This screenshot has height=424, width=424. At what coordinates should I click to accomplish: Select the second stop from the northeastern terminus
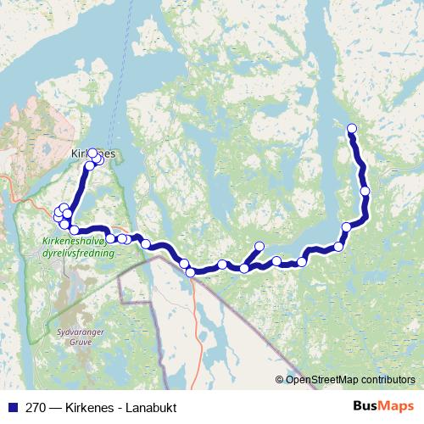365,191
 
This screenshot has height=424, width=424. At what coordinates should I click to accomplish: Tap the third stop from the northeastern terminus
347,226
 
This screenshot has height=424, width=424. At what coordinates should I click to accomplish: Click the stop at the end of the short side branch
259,247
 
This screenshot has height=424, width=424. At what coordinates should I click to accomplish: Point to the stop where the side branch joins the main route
244,268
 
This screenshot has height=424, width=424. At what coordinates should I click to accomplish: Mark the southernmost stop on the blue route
191,271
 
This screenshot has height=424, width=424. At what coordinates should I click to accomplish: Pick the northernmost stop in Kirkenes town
92,153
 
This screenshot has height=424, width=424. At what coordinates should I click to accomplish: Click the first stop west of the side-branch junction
222,265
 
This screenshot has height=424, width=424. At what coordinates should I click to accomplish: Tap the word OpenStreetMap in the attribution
321,380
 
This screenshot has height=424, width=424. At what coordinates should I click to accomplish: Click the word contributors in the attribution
387,380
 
